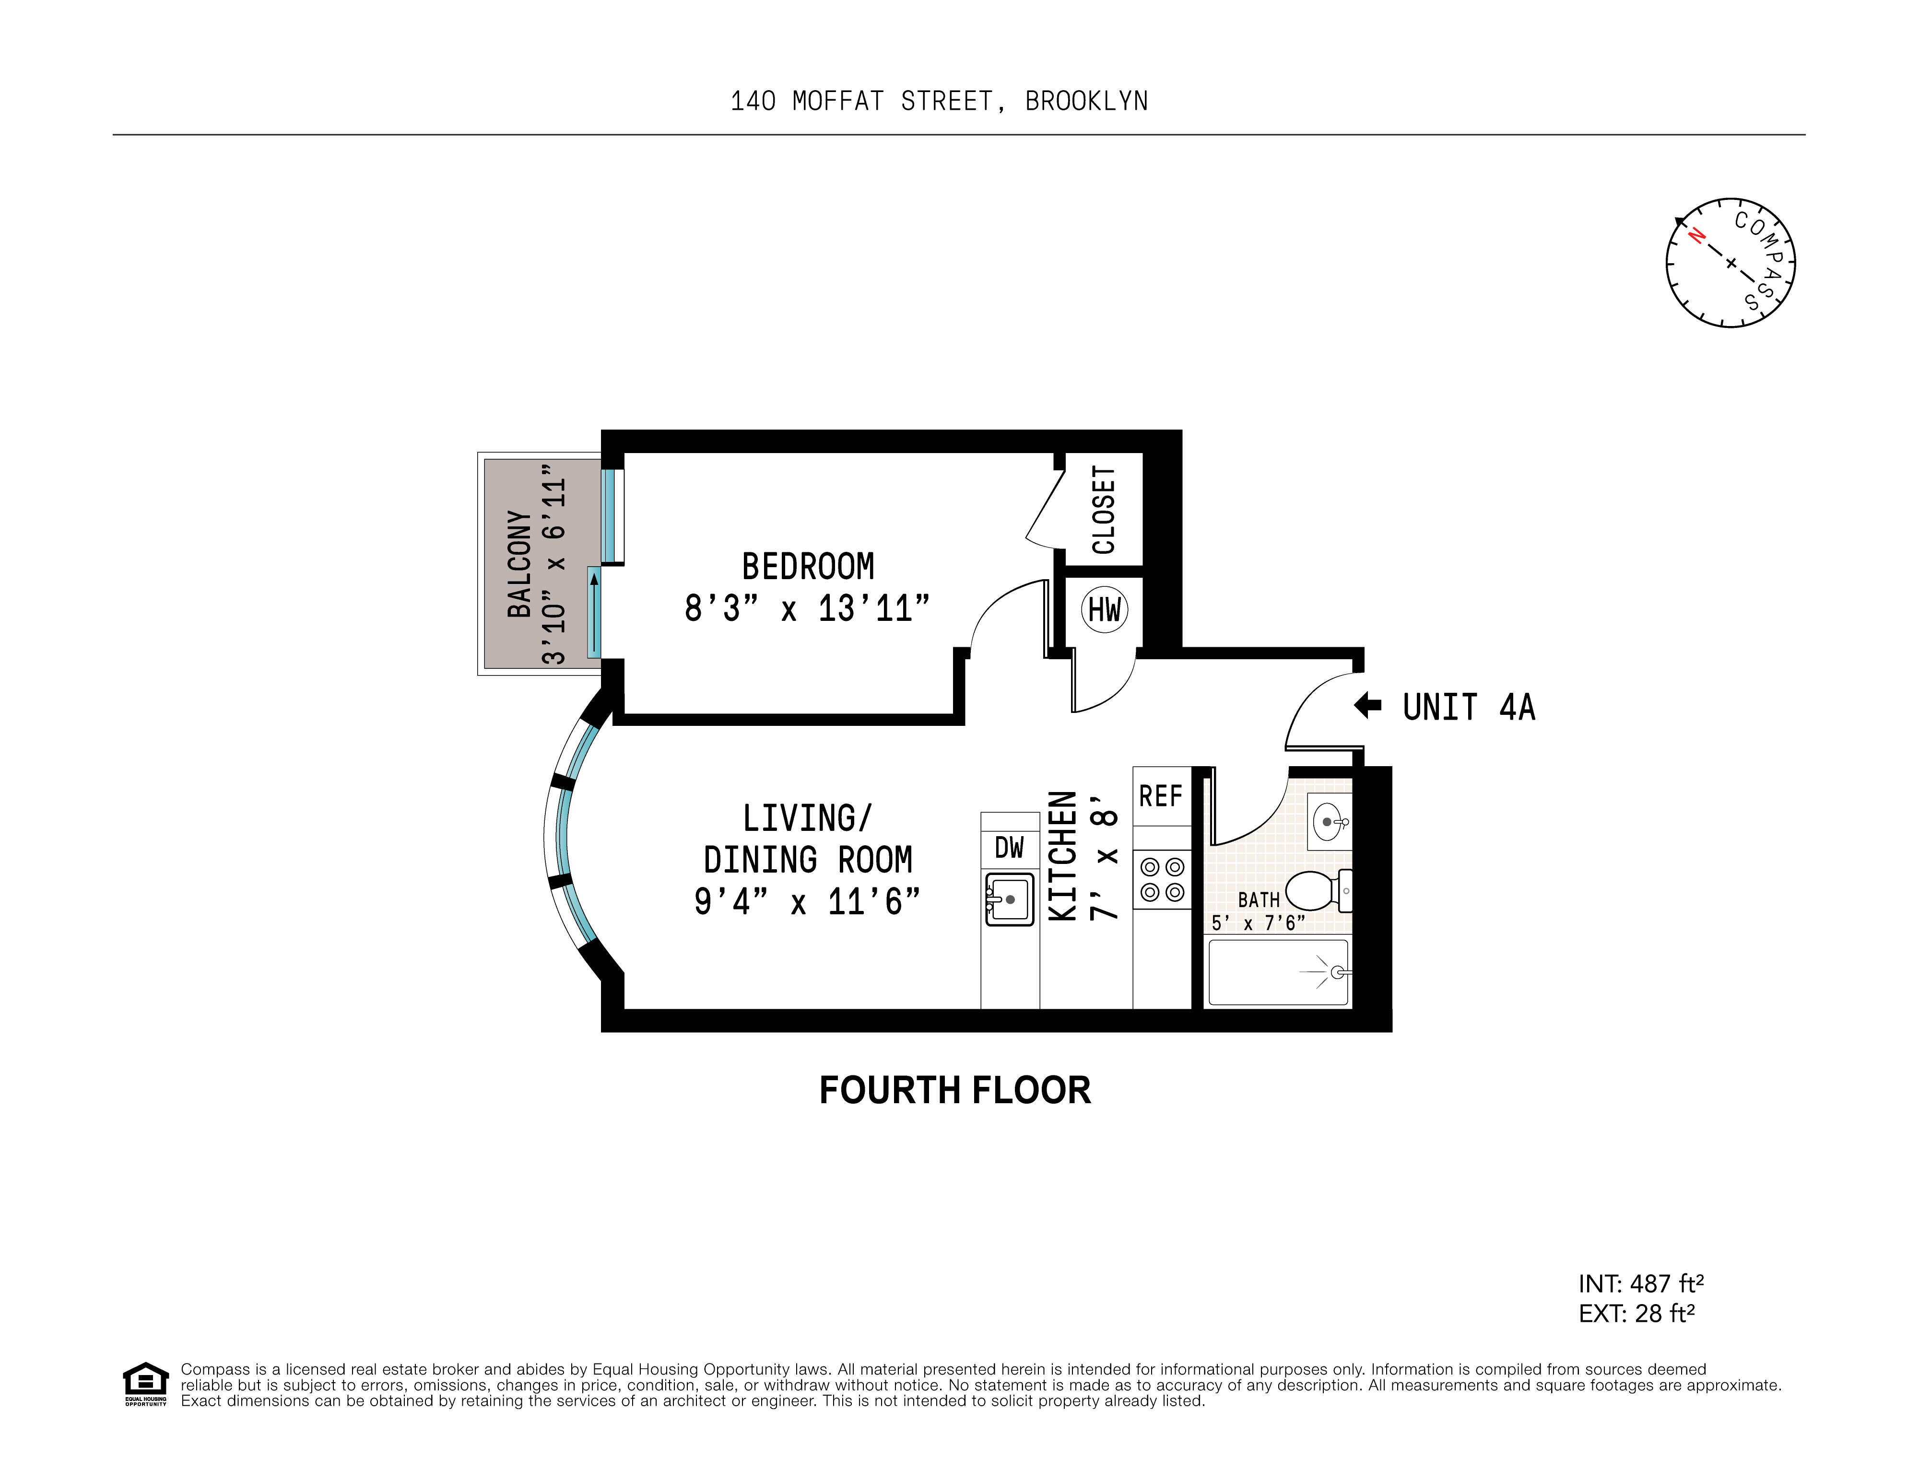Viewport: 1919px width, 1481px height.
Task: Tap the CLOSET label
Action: pos(1104,510)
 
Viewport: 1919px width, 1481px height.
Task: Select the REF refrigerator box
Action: pos(1161,796)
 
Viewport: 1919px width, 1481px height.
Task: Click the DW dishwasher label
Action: pos(1010,848)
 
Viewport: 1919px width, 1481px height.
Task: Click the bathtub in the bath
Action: pos(1279,972)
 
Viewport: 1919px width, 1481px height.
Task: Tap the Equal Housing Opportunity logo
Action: pos(145,1384)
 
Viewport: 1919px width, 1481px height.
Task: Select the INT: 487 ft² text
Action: pos(1640,1283)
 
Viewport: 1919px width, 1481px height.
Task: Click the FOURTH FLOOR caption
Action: pos(954,1090)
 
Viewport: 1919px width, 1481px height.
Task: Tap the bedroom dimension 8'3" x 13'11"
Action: pos(807,608)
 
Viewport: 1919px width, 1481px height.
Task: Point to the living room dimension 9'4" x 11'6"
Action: pos(807,902)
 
